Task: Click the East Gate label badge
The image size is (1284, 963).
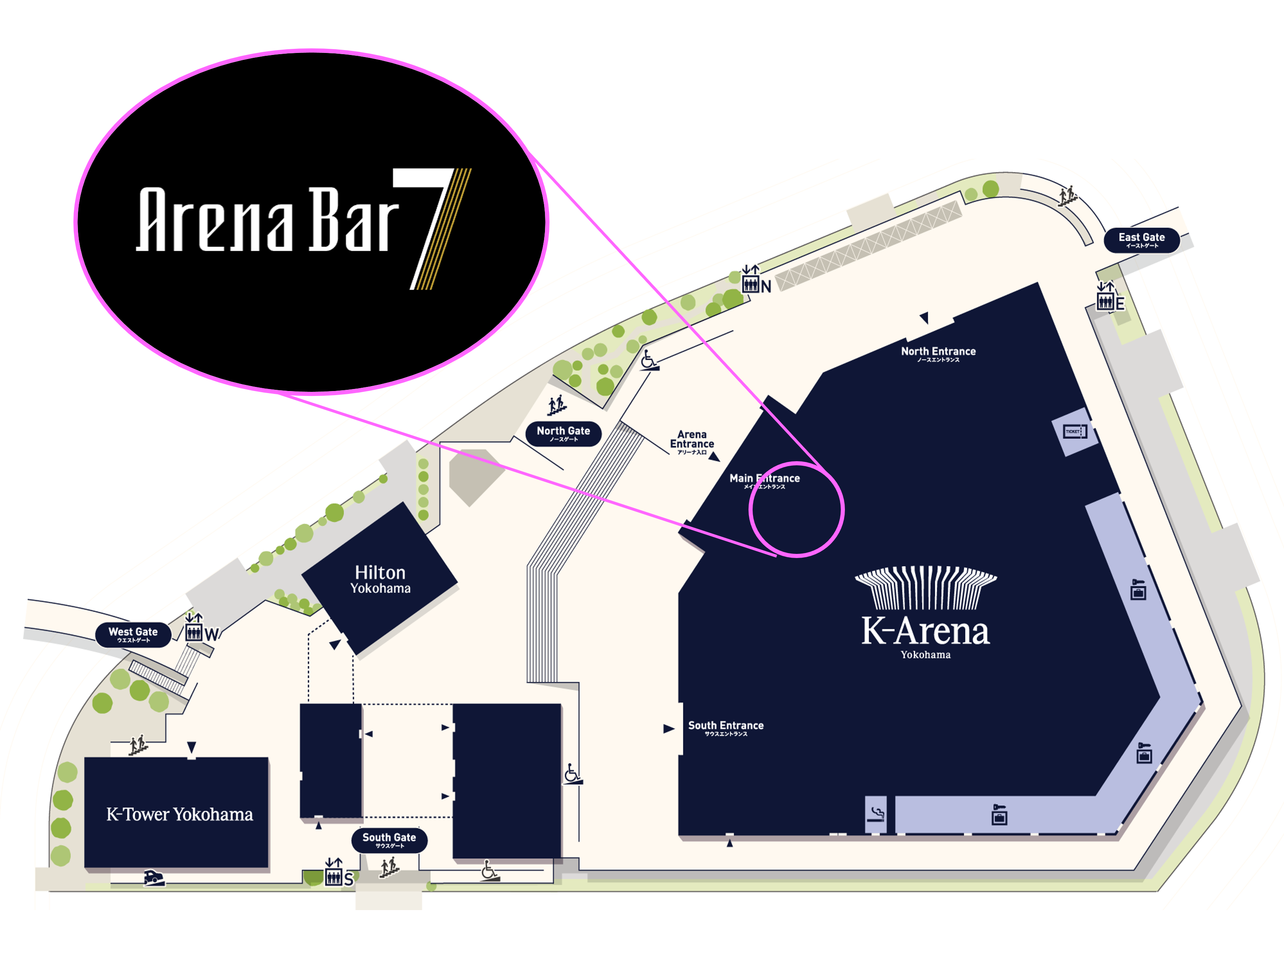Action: pos(1141,240)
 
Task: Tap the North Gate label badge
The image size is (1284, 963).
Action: pos(563,433)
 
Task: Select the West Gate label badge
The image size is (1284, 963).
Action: pos(133,634)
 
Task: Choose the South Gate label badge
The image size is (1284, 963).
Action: pos(389,839)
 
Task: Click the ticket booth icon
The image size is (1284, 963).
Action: pos(1074,431)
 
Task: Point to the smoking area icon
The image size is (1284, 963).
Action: pos(876,814)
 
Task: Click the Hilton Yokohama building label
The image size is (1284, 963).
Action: pos(380,579)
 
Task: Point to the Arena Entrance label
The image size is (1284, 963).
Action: pos(692,441)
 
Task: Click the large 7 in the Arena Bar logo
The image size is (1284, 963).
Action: pos(432,226)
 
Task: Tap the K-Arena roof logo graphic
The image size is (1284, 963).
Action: pos(925,587)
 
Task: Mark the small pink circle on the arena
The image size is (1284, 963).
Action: pos(796,509)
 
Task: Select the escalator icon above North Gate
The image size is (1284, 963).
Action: pos(557,405)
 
